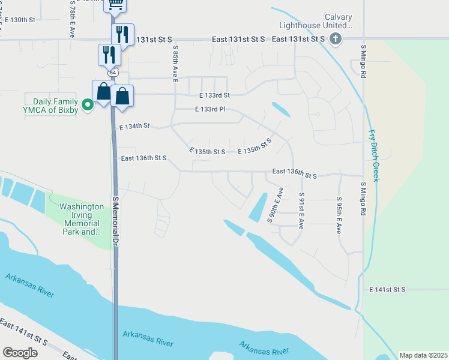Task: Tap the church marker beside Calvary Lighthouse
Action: (x=336, y=39)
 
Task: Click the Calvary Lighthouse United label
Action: (x=313, y=22)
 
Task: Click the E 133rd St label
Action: (x=208, y=95)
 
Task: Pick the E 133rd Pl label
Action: (x=209, y=109)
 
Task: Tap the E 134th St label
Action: (x=134, y=127)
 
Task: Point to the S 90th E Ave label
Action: (x=275, y=205)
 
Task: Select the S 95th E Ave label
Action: (x=339, y=215)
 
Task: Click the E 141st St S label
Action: (x=387, y=289)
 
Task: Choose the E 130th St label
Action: (x=20, y=20)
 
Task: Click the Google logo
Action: (x=20, y=352)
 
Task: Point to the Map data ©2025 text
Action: (x=423, y=355)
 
